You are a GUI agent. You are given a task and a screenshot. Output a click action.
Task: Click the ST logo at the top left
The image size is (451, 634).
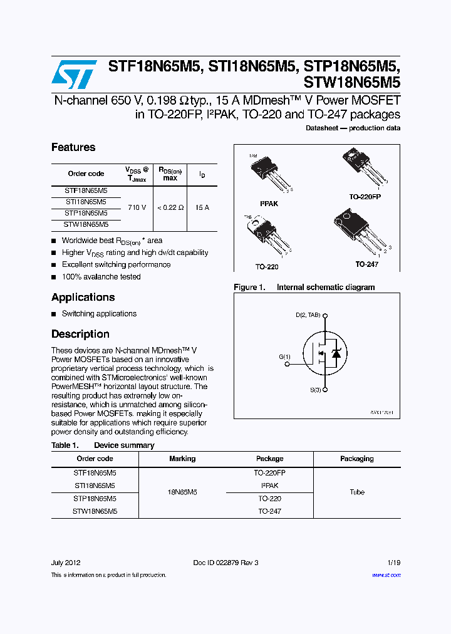click(x=74, y=75)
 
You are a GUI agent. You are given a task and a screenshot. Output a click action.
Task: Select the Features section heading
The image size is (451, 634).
click(x=73, y=147)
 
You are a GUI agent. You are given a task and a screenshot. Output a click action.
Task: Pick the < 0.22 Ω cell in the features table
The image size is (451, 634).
click(x=170, y=207)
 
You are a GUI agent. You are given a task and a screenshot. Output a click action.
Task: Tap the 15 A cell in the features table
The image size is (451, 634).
click(x=202, y=207)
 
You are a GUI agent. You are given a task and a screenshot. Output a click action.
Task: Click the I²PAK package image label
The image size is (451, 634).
click(x=269, y=204)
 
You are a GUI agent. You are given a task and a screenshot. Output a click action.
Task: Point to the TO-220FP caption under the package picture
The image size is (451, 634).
click(x=365, y=196)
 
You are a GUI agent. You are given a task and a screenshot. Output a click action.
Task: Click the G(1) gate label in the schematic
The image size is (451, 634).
click(x=285, y=356)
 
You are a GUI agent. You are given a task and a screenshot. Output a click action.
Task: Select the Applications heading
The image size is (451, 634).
click(x=83, y=297)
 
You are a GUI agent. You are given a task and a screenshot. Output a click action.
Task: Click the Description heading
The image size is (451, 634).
click(x=80, y=334)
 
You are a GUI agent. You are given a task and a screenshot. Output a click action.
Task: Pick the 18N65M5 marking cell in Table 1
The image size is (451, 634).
click(x=182, y=492)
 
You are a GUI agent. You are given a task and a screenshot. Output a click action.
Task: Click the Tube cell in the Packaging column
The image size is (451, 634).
click(x=357, y=492)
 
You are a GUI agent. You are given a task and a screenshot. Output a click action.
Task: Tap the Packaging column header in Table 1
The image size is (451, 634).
click(x=357, y=459)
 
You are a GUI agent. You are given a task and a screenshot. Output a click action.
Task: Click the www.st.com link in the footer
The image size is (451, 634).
click(x=386, y=574)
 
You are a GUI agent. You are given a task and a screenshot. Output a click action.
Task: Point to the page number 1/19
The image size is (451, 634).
click(x=393, y=563)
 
